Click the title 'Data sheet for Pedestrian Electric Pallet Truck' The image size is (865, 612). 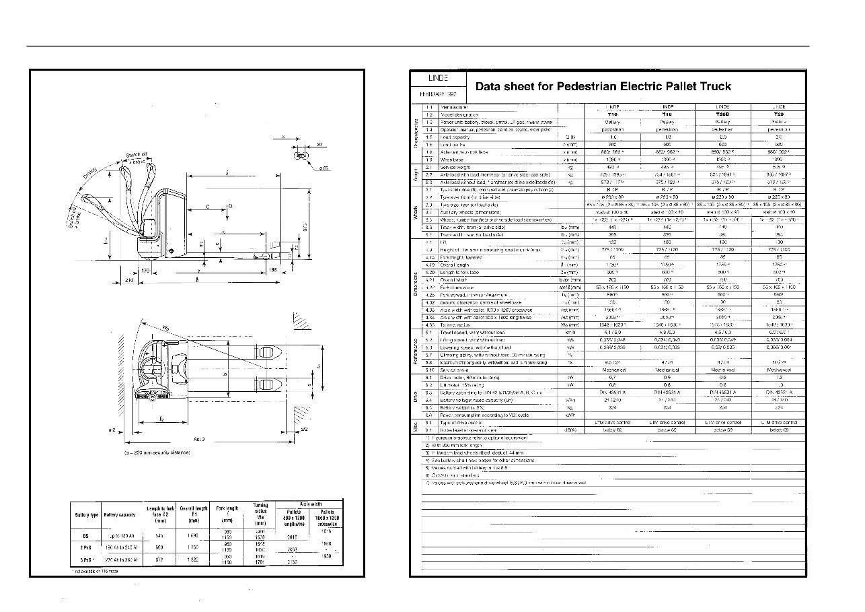[x=603, y=86]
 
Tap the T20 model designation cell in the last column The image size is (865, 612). [x=779, y=114]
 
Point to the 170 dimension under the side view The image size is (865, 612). [x=145, y=271]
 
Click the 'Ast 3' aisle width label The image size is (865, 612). [x=199, y=438]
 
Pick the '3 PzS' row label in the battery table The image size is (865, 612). [x=85, y=559]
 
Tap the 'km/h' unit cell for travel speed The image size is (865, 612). [x=570, y=332]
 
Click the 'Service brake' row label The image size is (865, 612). [x=457, y=370]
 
